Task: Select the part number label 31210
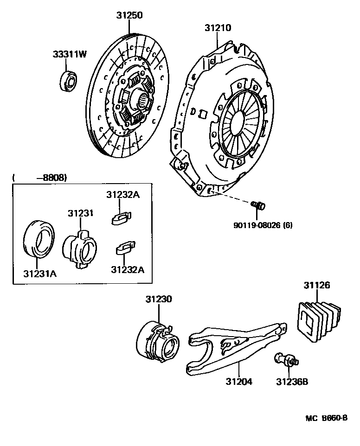point(218,28)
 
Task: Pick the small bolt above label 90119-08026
point(258,204)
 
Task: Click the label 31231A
point(40,273)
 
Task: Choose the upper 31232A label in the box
point(122,195)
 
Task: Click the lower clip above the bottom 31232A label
point(124,248)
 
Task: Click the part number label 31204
point(239,382)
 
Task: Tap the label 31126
point(317,285)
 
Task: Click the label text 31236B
point(292,382)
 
